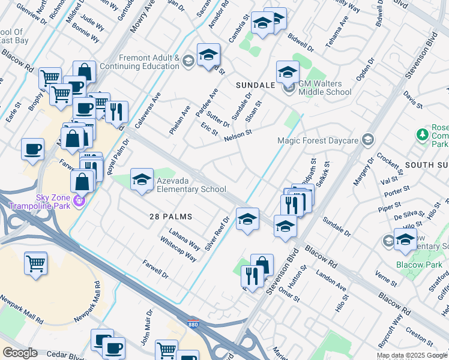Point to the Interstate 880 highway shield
click(193, 322)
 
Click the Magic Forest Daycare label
click(318, 140)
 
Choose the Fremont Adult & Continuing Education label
click(149, 62)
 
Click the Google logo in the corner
click(20, 353)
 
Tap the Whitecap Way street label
click(178, 249)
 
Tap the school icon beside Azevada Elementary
click(142, 180)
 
